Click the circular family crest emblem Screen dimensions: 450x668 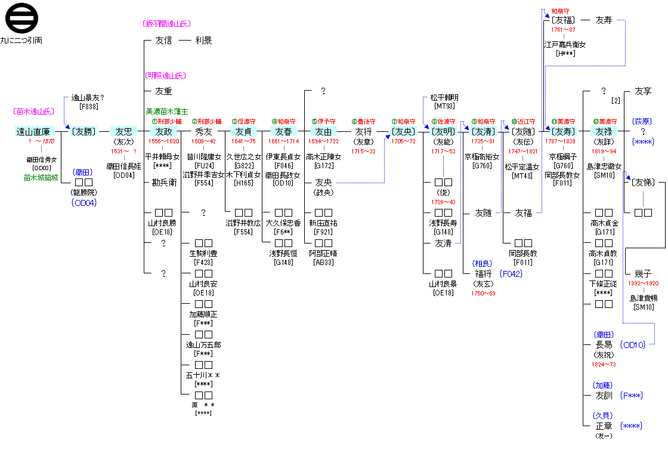[21, 19]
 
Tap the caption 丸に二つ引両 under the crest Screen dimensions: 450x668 [21, 41]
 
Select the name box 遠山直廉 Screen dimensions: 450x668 [35, 132]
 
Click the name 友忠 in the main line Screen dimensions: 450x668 [124, 132]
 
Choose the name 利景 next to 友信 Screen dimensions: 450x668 [203, 41]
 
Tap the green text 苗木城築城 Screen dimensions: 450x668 [41, 177]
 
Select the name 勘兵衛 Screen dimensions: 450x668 [163, 183]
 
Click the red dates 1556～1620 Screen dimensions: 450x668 [163, 141]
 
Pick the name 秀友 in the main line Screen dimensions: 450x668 [203, 132]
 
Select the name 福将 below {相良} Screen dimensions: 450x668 [483, 274]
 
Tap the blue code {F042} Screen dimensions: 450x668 [512, 274]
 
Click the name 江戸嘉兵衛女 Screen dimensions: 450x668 [564, 45]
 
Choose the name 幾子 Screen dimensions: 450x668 [643, 273]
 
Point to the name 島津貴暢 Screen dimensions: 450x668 [643, 298]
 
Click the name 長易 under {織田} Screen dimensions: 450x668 [604, 345]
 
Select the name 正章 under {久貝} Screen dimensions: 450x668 [604, 426]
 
